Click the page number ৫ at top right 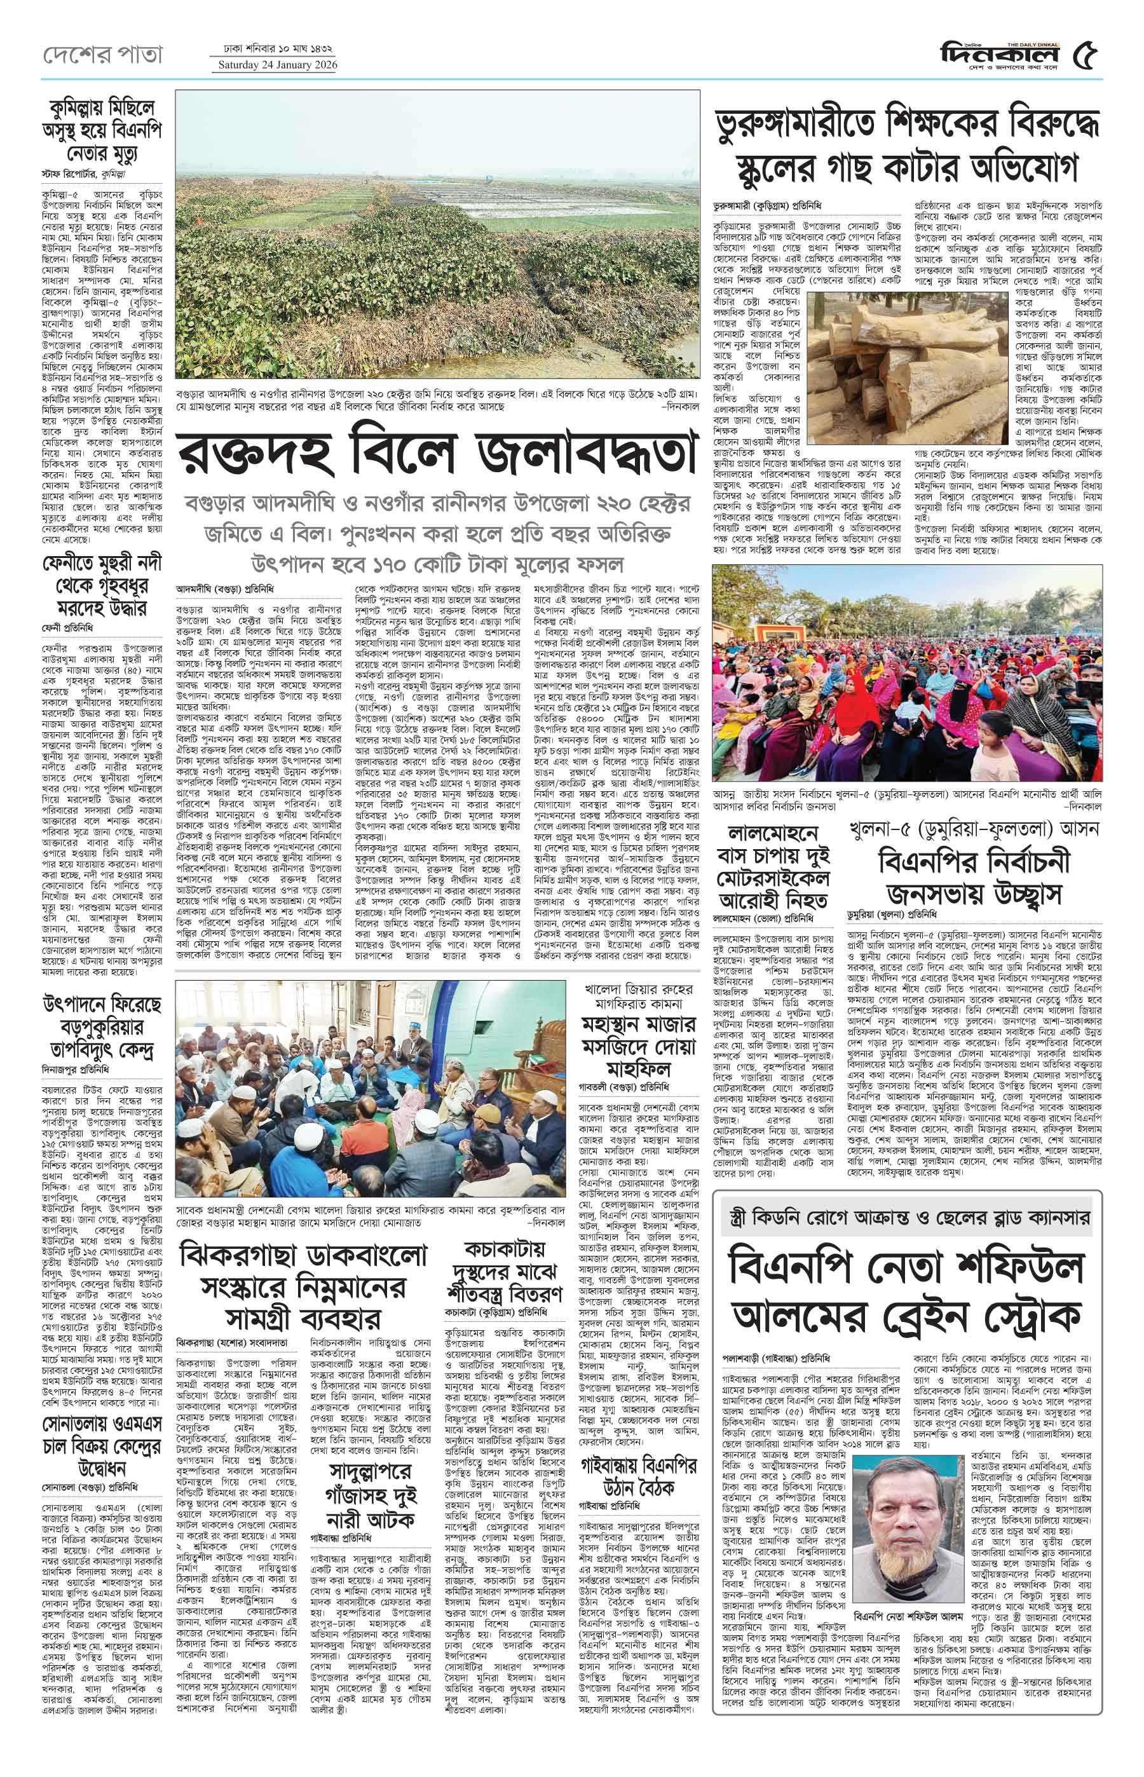(x=1086, y=57)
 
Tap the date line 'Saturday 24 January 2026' (x=277, y=65)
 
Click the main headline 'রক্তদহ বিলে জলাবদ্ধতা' (x=439, y=453)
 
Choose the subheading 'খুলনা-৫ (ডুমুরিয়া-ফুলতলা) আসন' (x=974, y=830)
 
